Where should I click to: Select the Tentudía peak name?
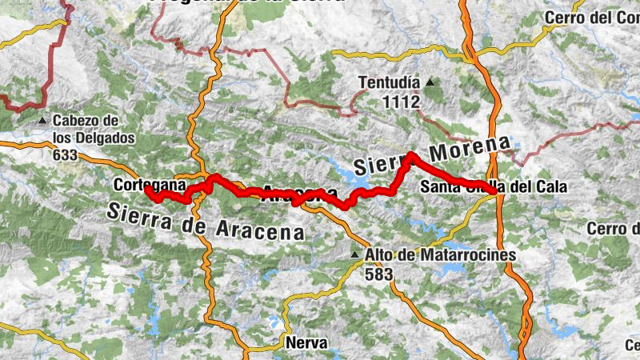click(x=389, y=82)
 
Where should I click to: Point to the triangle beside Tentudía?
click(x=430, y=82)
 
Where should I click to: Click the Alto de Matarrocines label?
click(x=441, y=255)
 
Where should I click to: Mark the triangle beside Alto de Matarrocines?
click(x=355, y=255)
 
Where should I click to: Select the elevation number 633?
click(x=66, y=155)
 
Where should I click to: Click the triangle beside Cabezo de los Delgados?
click(x=43, y=122)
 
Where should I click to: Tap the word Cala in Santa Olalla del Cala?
click(x=551, y=188)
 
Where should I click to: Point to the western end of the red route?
click(x=147, y=190)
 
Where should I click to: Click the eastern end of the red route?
click(x=497, y=190)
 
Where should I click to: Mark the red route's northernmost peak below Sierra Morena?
click(x=411, y=155)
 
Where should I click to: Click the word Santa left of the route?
click(x=438, y=188)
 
